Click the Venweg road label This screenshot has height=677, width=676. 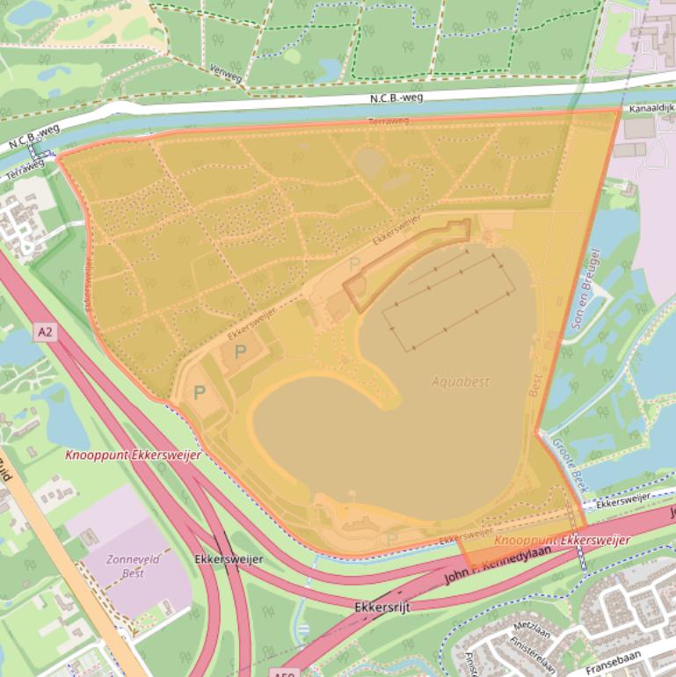pos(227,69)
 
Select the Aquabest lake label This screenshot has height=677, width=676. pos(460,382)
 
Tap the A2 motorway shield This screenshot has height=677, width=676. pos(46,331)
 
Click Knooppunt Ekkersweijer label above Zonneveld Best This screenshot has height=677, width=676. pos(133,455)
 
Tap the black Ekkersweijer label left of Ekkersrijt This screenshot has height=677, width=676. pos(228,559)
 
